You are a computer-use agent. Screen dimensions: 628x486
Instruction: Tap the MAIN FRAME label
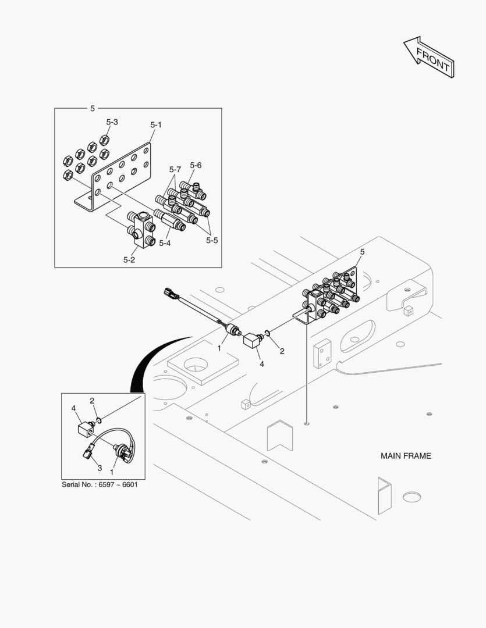[x=406, y=456]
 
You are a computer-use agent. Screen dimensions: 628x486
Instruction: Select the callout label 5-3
[x=112, y=122]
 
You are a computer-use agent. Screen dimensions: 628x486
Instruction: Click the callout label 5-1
[x=156, y=124]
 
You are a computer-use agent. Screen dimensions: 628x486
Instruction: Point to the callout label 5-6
[x=196, y=165]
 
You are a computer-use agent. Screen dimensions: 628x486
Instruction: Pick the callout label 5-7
[x=175, y=170]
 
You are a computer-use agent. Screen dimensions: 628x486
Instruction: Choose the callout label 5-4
[x=165, y=243]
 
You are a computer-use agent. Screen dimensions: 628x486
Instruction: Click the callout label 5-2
[x=129, y=260]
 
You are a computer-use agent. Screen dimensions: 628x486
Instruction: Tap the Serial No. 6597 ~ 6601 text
[x=100, y=484]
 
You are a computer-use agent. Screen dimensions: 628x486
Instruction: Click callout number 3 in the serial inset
[x=100, y=468]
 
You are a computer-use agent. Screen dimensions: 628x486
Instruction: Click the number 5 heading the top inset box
[x=93, y=109]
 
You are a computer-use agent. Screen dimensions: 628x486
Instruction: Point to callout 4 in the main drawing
[x=262, y=364]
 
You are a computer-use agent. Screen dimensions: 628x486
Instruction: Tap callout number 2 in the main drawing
[x=282, y=351]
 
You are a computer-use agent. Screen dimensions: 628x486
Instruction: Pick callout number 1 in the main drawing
[x=219, y=348]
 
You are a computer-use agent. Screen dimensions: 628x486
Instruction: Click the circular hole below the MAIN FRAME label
[x=411, y=497]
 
